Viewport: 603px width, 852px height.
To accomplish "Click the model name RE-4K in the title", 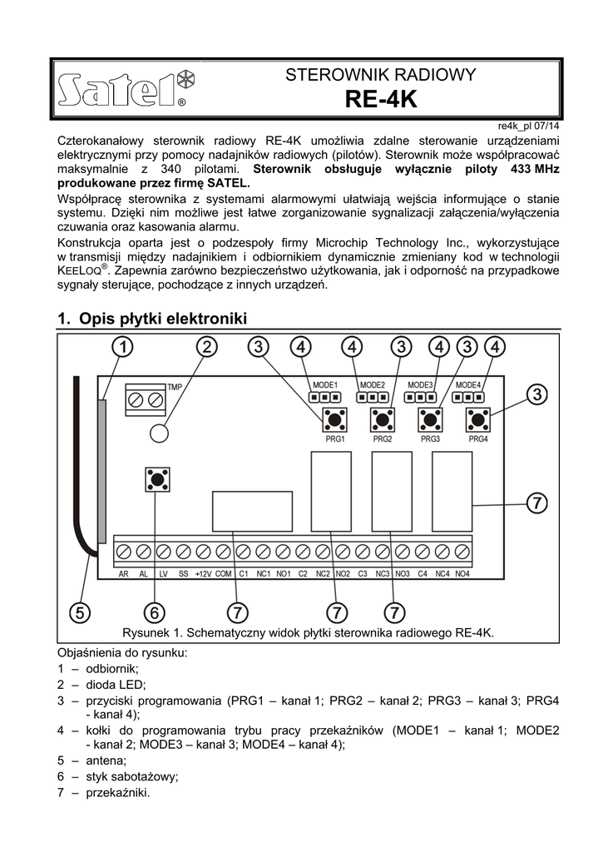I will [x=380, y=101].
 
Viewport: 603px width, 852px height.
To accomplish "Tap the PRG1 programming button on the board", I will [x=335, y=419].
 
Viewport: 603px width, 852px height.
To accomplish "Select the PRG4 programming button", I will [x=477, y=419].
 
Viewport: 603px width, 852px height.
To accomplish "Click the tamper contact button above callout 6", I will [x=156, y=479].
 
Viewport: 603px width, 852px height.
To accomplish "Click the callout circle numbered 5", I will [x=79, y=612].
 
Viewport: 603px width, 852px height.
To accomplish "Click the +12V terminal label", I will [x=203, y=574].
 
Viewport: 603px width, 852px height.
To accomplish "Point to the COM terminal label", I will [x=223, y=574].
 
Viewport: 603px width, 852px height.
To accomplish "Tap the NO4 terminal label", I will [x=462, y=574].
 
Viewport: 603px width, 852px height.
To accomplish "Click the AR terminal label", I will [x=123, y=574].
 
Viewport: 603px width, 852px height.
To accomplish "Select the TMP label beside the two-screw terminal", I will [x=175, y=387].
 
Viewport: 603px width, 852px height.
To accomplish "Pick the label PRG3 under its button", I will [x=430, y=438].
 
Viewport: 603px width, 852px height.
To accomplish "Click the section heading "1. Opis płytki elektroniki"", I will [x=152, y=319].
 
